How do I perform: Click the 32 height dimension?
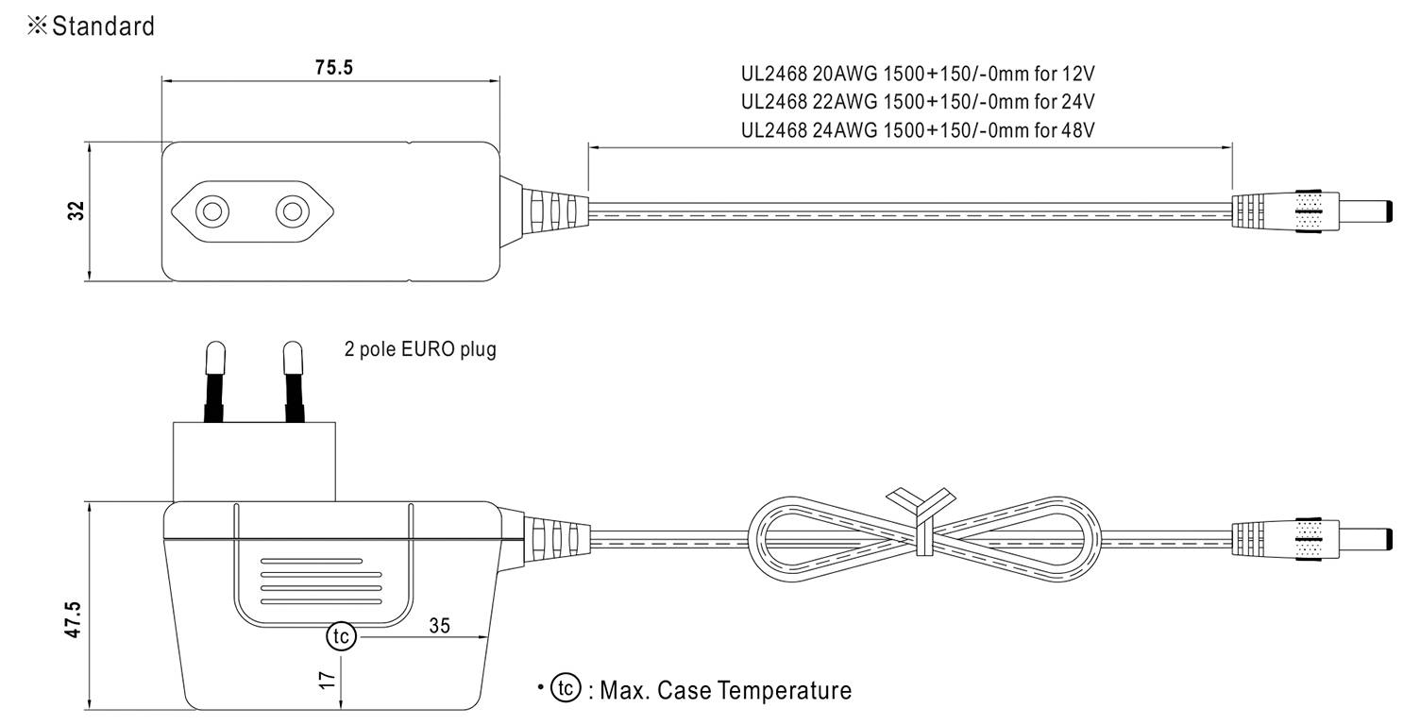coord(78,211)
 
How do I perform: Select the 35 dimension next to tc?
coord(439,624)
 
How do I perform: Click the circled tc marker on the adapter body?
coord(341,637)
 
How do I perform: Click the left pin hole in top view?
coord(212,211)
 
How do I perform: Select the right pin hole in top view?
coord(294,211)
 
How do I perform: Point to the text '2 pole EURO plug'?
coord(420,350)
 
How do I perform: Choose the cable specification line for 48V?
coord(918,129)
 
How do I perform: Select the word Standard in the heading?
coord(103,26)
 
